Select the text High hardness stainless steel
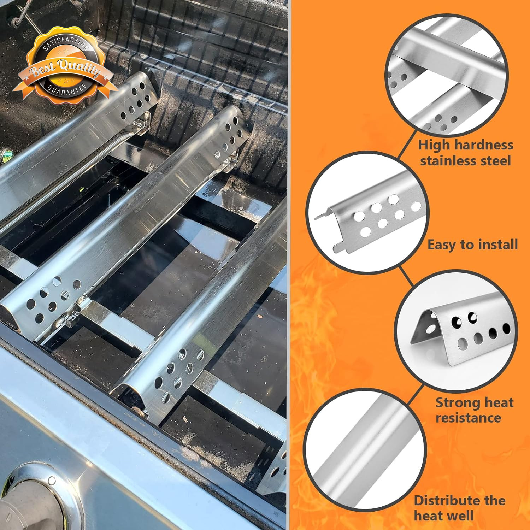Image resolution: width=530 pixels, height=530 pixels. pyautogui.click(x=466, y=153)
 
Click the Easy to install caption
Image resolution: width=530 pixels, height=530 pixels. pyautogui.click(x=473, y=245)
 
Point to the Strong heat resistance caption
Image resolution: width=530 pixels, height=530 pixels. pyautogui.click(x=474, y=410)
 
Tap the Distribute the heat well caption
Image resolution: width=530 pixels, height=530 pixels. pyautogui.click(x=459, y=508)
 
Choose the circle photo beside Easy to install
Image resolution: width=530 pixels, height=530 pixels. pyautogui.click(x=367, y=212)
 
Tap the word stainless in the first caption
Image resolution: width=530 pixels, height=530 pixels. pyautogui.click(x=446, y=161)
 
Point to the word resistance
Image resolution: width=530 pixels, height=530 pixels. pyautogui.click(x=468, y=418)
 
